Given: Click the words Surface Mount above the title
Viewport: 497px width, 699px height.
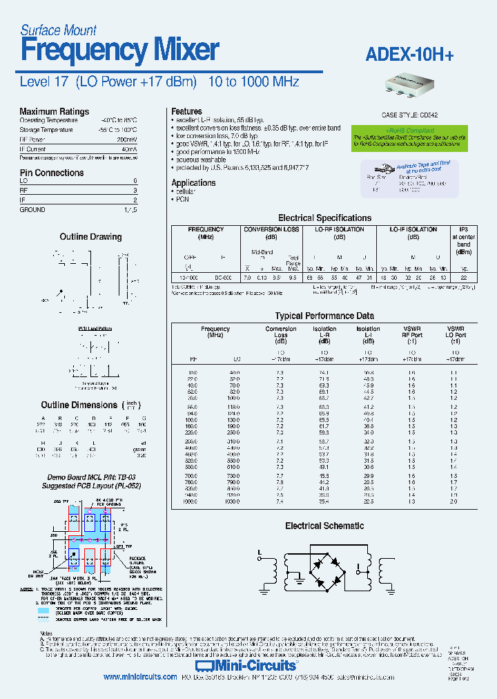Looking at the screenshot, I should click(58, 30).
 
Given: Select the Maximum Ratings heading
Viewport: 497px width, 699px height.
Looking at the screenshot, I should click(54, 111).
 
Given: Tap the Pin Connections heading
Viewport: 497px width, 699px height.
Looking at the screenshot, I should click(51, 173).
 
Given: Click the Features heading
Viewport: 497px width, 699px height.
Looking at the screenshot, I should click(186, 111).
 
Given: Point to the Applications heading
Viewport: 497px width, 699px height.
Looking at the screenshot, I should click(193, 182).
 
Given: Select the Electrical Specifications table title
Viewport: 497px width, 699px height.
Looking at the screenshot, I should click(324, 218).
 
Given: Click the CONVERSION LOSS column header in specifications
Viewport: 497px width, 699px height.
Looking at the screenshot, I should click(272, 229).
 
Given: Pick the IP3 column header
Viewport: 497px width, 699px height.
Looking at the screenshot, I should click(463, 229).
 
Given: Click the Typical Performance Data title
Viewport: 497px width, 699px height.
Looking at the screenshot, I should click(324, 316).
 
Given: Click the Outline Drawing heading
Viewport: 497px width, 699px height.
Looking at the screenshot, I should click(90, 237).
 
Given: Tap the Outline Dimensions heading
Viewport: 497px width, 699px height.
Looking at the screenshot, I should click(79, 405).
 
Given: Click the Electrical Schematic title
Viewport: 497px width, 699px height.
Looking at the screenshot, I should click(324, 526).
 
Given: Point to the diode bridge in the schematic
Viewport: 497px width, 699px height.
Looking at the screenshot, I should click(325, 564).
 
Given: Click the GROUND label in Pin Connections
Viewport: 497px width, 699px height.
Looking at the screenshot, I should click(32, 209).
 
